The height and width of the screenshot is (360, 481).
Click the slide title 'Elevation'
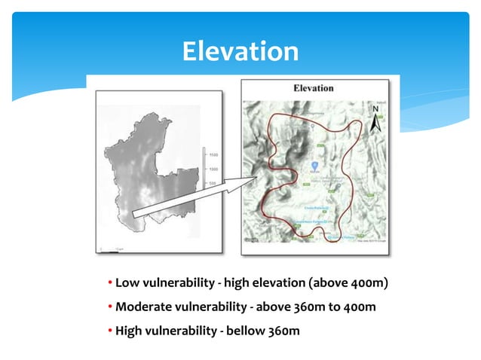point(240,51)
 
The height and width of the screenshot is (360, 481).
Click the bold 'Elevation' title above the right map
point(313,88)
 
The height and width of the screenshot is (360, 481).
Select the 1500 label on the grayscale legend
point(214,155)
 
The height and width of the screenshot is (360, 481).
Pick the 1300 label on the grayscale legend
point(214,169)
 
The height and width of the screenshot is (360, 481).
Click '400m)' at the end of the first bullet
point(369,282)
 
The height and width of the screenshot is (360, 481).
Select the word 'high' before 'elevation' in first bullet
point(228,282)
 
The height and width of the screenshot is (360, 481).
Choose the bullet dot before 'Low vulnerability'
point(110,283)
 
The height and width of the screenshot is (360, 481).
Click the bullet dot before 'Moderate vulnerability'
point(110,307)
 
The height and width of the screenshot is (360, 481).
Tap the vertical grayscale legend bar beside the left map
point(204,169)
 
